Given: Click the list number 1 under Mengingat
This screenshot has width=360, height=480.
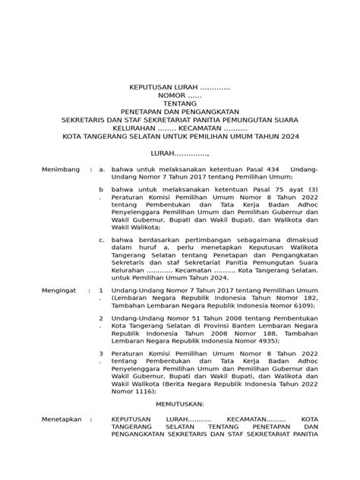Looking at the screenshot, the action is (101, 291).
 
